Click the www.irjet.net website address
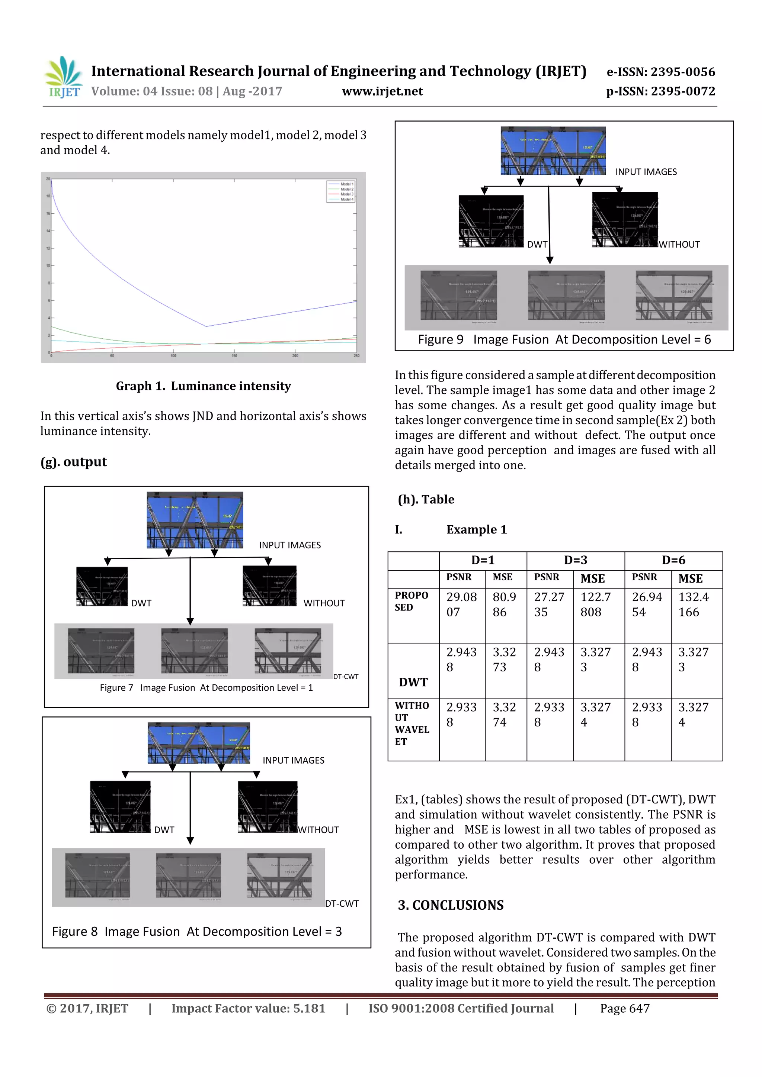(382, 91)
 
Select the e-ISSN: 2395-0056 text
(660, 72)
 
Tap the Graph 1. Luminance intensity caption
(203, 386)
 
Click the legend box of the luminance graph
(341, 191)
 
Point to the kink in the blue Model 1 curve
(206, 326)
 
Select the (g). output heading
(74, 462)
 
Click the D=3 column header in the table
(575, 560)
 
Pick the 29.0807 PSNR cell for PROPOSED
(461, 604)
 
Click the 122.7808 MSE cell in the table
(595, 604)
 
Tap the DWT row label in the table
(413, 682)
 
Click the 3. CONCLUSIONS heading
(451, 905)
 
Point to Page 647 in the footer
(624, 1009)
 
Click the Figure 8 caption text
(197, 932)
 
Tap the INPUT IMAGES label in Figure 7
(290, 545)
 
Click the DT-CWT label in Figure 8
(342, 903)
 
